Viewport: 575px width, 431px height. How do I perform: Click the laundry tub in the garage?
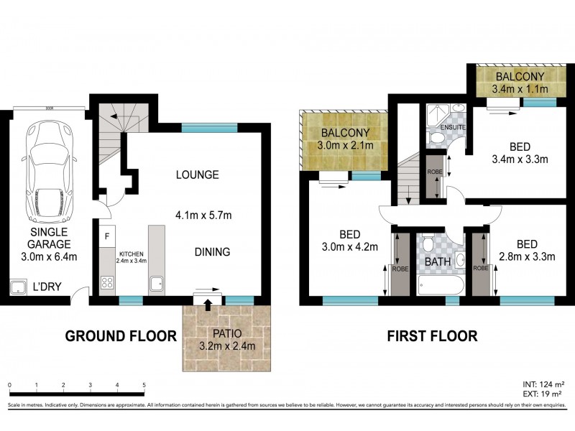tap(16, 289)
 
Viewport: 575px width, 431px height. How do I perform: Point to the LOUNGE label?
tap(198, 175)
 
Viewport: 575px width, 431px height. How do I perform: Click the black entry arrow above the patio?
tap(208, 305)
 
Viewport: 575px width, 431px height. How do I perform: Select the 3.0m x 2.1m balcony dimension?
tap(345, 147)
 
